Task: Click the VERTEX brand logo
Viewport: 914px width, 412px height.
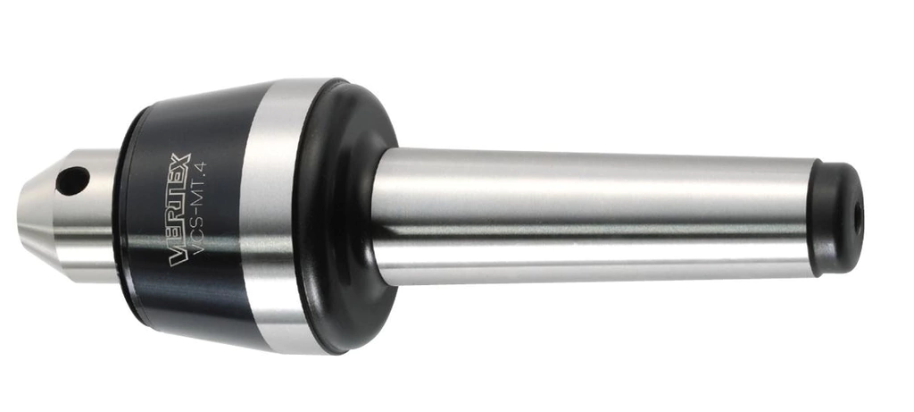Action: [180, 209]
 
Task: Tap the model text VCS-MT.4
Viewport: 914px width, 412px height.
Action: [202, 209]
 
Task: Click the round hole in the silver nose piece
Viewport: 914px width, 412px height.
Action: [73, 181]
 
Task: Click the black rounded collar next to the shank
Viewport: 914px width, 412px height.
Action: [347, 217]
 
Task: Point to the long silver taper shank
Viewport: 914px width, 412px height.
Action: [592, 216]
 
